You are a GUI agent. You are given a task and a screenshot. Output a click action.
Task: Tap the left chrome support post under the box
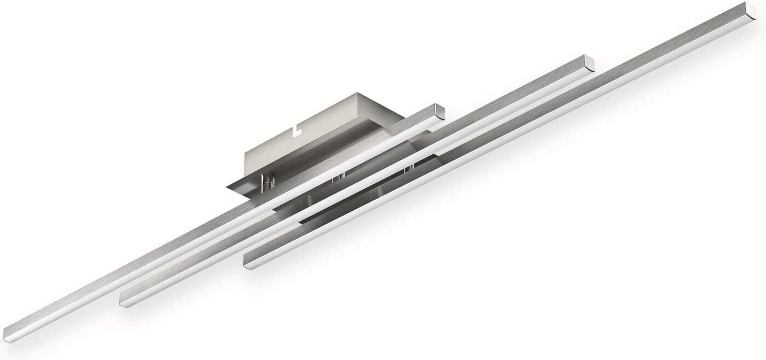(266, 182)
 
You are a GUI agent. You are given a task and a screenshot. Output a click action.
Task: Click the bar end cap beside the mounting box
(438, 112)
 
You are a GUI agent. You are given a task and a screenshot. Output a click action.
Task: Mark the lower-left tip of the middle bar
(124, 300)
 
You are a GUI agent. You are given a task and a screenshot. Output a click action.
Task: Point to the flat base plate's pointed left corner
(229, 185)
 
